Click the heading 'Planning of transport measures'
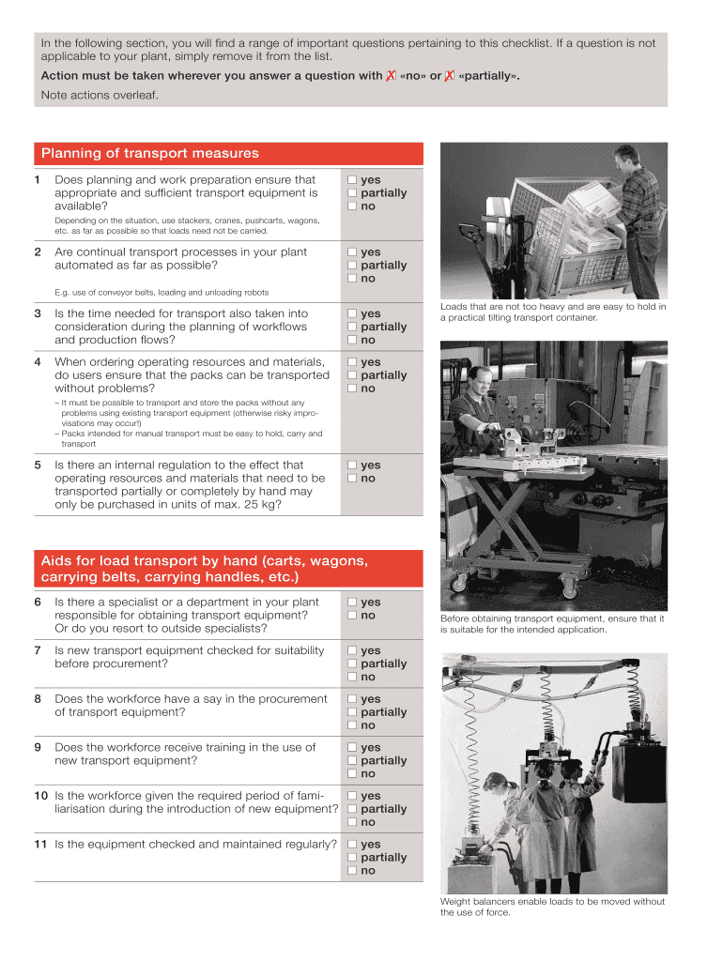click(149, 154)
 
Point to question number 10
click(41, 796)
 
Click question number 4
click(38, 362)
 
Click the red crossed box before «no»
click(391, 76)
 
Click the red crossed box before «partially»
click(451, 76)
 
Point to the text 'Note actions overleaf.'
click(100, 95)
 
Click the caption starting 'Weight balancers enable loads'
click(552, 907)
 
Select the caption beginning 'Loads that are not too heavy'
click(552, 312)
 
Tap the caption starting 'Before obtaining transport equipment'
click(552, 624)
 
